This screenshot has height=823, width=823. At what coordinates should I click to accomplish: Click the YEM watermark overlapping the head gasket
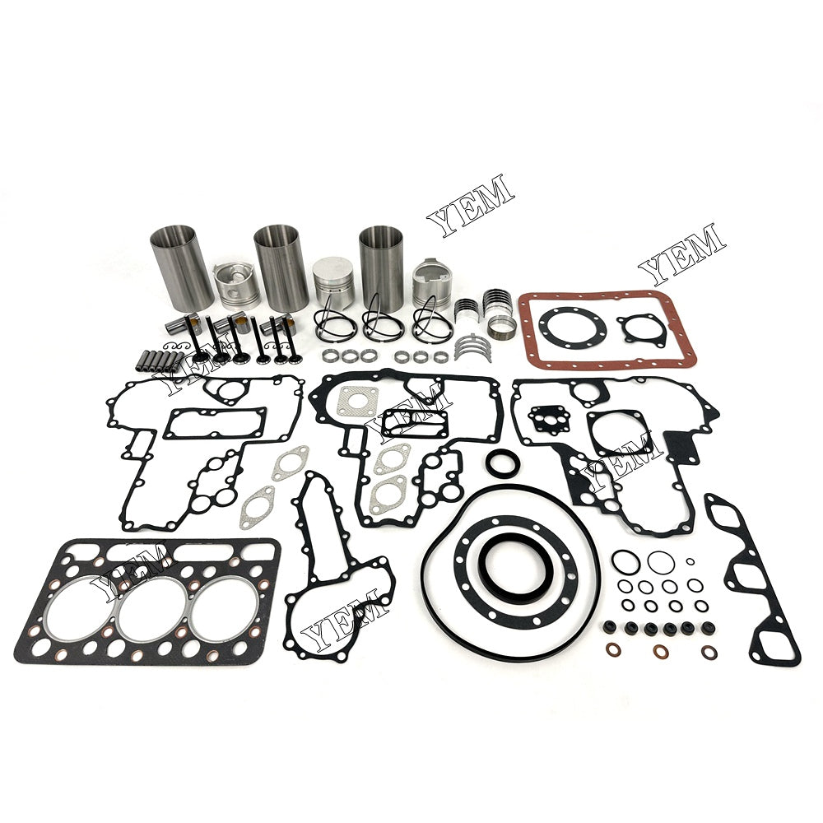[125, 570]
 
